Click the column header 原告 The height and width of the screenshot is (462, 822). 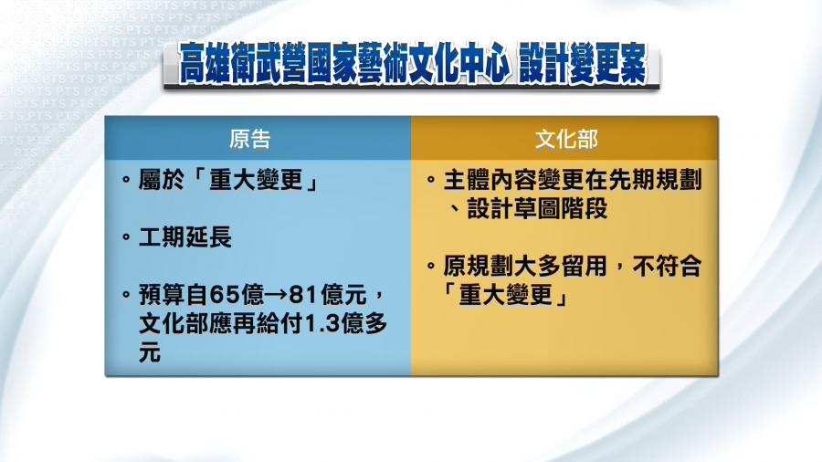(249, 140)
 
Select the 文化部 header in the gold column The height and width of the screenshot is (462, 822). (566, 140)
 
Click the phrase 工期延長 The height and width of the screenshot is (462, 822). (185, 237)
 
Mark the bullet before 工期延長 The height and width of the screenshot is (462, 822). (126, 237)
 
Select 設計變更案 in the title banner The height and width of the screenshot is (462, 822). (583, 64)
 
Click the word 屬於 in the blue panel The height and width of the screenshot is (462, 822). (162, 180)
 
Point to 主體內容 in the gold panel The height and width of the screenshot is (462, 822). (490, 180)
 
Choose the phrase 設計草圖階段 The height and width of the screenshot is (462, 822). (537, 208)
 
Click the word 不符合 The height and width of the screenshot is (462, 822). (667, 266)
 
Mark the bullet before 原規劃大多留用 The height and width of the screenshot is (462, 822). (431, 266)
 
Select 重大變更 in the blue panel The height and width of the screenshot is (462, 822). (256, 180)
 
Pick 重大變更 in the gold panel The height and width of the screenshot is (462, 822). (505, 295)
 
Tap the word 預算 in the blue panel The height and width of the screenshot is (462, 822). (162, 295)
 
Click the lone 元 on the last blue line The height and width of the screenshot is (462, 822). (150, 353)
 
